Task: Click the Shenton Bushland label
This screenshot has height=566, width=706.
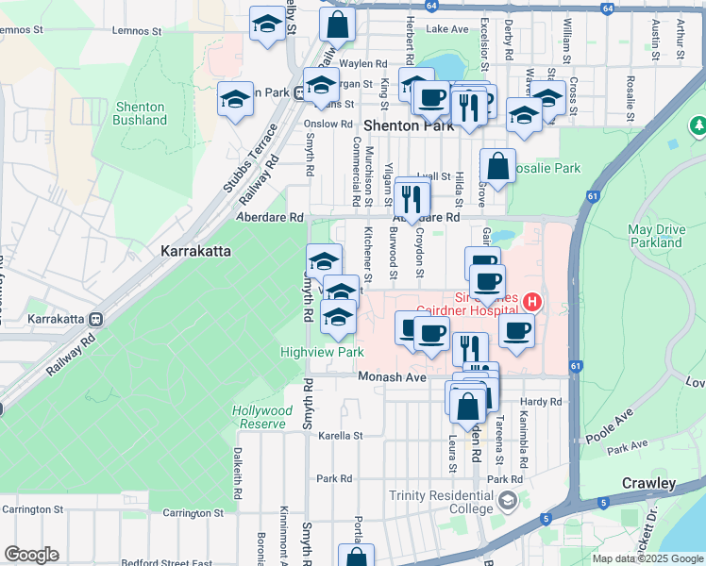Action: click(x=140, y=113)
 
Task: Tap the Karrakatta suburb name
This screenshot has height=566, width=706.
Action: click(x=199, y=252)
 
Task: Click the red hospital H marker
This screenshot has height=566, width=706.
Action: click(x=533, y=302)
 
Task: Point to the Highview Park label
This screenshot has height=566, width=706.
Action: click(x=322, y=352)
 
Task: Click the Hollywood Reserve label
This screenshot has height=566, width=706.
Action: click(x=262, y=417)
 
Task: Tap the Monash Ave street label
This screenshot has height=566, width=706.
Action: click(x=392, y=376)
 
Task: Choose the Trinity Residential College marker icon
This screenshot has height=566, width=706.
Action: click(x=509, y=499)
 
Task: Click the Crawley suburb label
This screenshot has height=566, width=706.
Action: click(x=648, y=483)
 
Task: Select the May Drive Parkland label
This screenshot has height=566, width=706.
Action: click(x=654, y=236)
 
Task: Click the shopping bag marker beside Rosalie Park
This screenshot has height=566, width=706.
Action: click(x=497, y=168)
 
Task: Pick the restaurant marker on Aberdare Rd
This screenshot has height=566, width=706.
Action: click(x=412, y=198)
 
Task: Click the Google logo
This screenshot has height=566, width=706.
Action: click(x=31, y=555)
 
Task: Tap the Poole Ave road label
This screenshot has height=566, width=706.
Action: click(x=608, y=427)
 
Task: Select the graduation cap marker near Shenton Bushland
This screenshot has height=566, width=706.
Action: click(x=235, y=99)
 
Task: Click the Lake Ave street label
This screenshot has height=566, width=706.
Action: click(x=447, y=29)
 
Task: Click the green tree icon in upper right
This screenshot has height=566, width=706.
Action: click(x=698, y=125)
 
